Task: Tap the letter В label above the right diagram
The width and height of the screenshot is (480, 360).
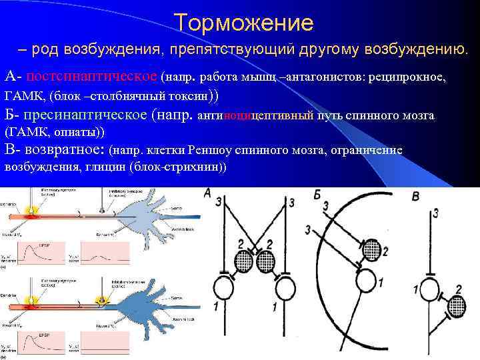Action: [415, 196]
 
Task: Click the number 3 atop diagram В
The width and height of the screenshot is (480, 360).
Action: [435, 213]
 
